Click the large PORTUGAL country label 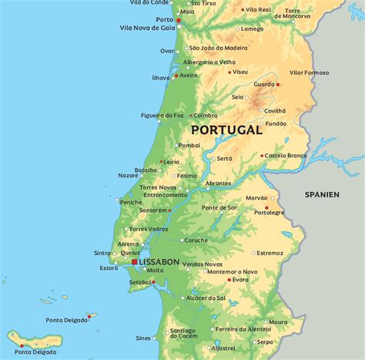coord(226,130)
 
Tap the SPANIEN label coord(321,195)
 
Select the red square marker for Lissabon coord(134,262)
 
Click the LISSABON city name coord(159,262)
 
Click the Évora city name coord(240,280)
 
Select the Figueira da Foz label coord(161,116)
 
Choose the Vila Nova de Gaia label coord(148,27)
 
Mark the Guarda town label coord(264,84)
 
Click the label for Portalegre coord(270,213)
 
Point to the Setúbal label coord(139,282)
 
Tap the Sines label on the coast coord(143,338)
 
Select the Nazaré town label coord(129,175)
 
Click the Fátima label coord(186,176)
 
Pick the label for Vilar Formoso coord(309,72)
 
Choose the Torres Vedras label coord(148,229)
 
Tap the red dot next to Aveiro coord(176,76)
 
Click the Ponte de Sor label coord(219,208)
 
